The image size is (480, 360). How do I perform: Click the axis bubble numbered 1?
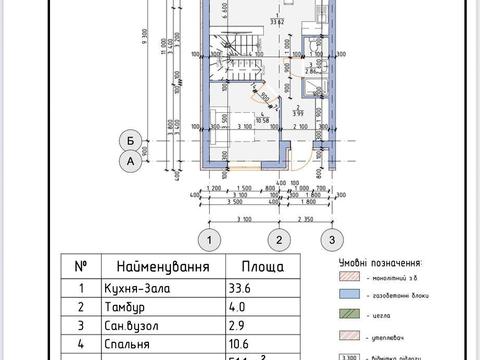[x=207, y=239]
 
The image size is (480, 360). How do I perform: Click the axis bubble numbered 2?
[x=282, y=239]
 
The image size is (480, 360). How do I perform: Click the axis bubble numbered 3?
[x=327, y=239]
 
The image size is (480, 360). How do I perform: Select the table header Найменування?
[x=162, y=268]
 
